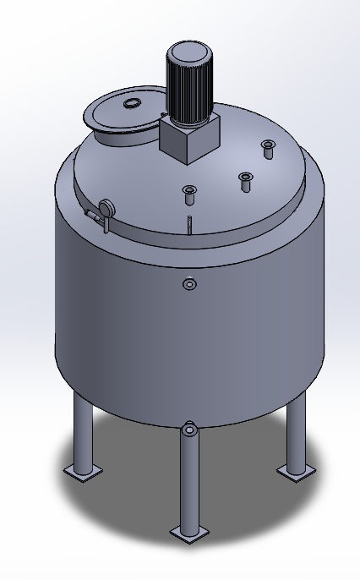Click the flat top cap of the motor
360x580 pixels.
[186, 50]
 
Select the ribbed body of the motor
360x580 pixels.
[186, 89]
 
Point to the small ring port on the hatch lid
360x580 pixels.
[133, 103]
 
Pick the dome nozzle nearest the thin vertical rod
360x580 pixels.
[189, 194]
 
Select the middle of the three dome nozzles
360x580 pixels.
[246, 179]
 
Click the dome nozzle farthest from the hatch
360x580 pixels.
[268, 148]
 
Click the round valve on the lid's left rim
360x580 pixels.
[106, 207]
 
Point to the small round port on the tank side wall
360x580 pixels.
[189, 284]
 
